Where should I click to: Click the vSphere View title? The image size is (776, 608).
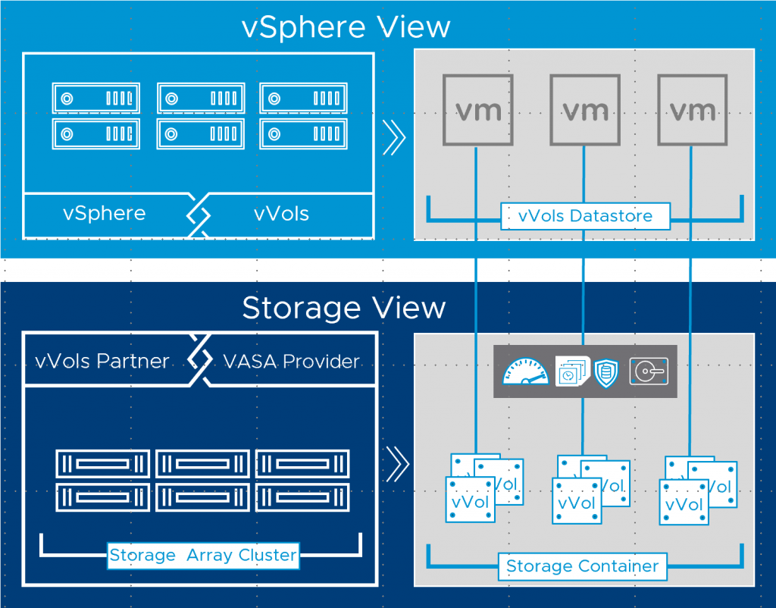click(346, 27)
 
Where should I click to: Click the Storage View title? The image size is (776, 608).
click(344, 308)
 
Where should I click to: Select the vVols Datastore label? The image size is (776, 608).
click(585, 216)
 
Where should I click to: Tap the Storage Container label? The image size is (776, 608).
click(582, 566)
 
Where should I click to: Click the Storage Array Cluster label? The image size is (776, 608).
click(202, 555)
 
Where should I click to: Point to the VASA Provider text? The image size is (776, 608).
click(291, 361)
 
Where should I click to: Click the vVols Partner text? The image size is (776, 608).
click(102, 361)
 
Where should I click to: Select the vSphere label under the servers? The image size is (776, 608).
click(104, 214)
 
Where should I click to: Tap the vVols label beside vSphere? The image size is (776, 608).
click(281, 214)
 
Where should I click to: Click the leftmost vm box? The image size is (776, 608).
click(477, 111)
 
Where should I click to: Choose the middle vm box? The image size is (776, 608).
click(584, 111)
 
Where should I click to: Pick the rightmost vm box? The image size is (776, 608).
click(692, 111)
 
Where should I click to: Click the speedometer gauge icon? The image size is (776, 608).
click(525, 371)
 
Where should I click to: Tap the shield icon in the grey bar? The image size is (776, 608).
click(605, 372)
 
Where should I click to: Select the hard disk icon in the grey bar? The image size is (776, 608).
click(648, 371)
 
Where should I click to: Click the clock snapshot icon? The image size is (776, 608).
click(571, 371)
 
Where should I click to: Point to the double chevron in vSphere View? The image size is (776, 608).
click(395, 138)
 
